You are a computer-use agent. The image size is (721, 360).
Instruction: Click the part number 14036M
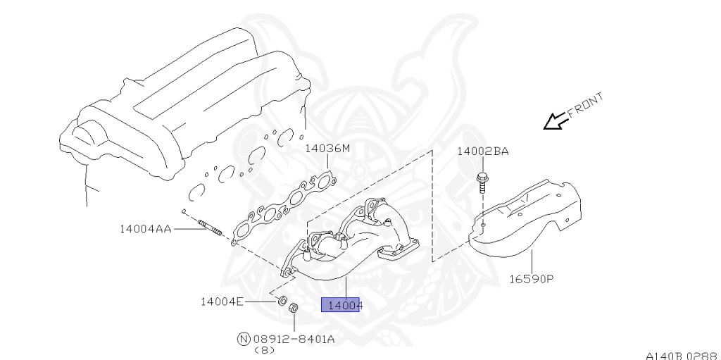[327, 148]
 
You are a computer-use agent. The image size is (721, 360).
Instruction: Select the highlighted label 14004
[340, 305]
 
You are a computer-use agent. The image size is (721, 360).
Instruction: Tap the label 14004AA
[145, 228]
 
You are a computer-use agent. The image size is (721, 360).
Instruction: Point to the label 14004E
[222, 302]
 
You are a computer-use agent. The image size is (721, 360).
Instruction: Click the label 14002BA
[483, 151]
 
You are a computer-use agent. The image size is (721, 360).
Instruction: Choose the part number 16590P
[532, 278]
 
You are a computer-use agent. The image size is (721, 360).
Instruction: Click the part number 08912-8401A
[294, 340]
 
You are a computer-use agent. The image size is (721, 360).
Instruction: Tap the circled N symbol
[244, 340]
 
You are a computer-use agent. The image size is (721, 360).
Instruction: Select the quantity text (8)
[265, 350]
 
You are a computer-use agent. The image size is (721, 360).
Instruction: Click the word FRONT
[585, 106]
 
